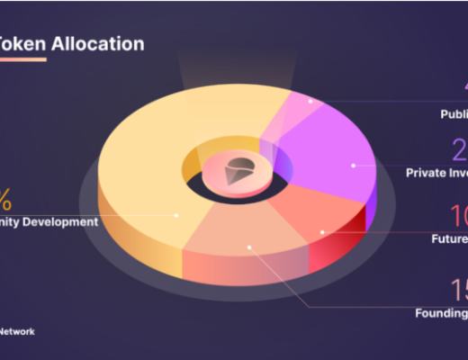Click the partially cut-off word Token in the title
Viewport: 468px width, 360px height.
pyautogui.click(x=22, y=42)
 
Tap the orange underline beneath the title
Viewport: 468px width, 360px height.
pyautogui.click(x=22, y=59)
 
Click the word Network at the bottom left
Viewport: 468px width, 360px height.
pyautogui.click(x=17, y=331)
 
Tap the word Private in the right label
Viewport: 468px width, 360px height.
pyautogui.click(x=427, y=172)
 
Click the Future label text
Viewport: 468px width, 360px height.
pyautogui.click(x=449, y=238)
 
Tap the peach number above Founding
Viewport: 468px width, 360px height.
pyautogui.click(x=458, y=290)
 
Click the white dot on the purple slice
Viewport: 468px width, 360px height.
pyautogui.click(x=354, y=165)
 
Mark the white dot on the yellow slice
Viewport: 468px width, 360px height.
pyautogui.click(x=176, y=215)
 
